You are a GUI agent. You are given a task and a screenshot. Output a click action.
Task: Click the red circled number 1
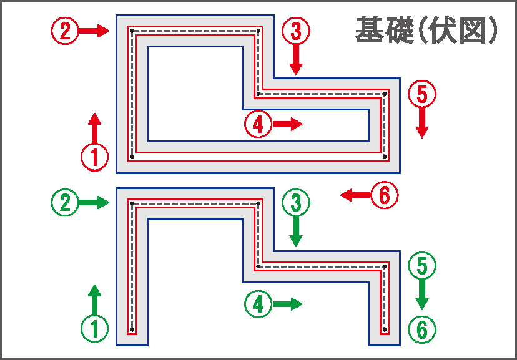pos(94,157)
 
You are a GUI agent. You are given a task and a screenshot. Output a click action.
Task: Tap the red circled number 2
pos(65,31)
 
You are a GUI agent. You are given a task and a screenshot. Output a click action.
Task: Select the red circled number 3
pos(296,31)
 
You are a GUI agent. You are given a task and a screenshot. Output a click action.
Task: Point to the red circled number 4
pos(258,124)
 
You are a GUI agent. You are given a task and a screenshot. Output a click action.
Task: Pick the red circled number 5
pos(421,94)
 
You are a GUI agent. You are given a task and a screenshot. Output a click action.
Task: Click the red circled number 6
pos(385,195)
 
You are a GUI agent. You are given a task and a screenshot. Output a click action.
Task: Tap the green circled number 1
pos(94,328)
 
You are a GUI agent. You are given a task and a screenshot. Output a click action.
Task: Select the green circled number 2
pos(65,202)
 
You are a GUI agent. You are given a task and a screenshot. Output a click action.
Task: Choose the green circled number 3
pos(296,202)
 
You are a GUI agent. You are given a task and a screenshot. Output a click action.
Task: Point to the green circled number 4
pos(258,304)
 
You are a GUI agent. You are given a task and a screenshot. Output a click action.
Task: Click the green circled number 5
pos(421,266)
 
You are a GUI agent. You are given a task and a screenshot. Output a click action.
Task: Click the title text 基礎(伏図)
pos(426,31)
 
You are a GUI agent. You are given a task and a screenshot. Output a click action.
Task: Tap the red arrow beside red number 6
pos(355,195)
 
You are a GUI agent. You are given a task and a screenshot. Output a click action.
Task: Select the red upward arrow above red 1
pos(94,128)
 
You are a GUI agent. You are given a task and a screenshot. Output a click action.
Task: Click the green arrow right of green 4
pos(287,304)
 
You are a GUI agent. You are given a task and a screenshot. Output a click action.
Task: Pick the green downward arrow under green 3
pos(296,230)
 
